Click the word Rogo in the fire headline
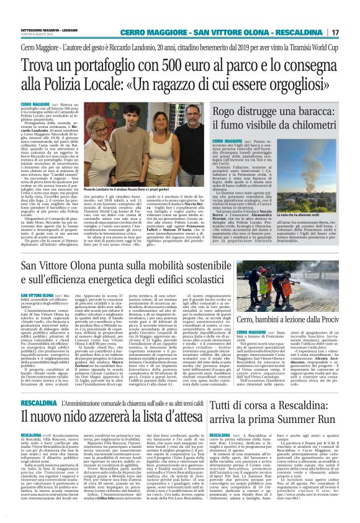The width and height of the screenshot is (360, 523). (226, 111)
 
